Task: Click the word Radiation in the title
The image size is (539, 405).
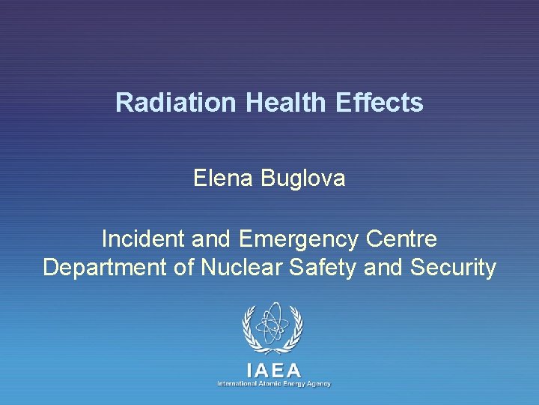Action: point(177,103)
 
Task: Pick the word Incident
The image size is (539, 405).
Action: point(144,239)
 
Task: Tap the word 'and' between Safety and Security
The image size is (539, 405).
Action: point(381,267)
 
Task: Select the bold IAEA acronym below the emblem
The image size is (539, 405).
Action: point(273,370)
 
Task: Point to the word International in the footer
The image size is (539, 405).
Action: point(237,384)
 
